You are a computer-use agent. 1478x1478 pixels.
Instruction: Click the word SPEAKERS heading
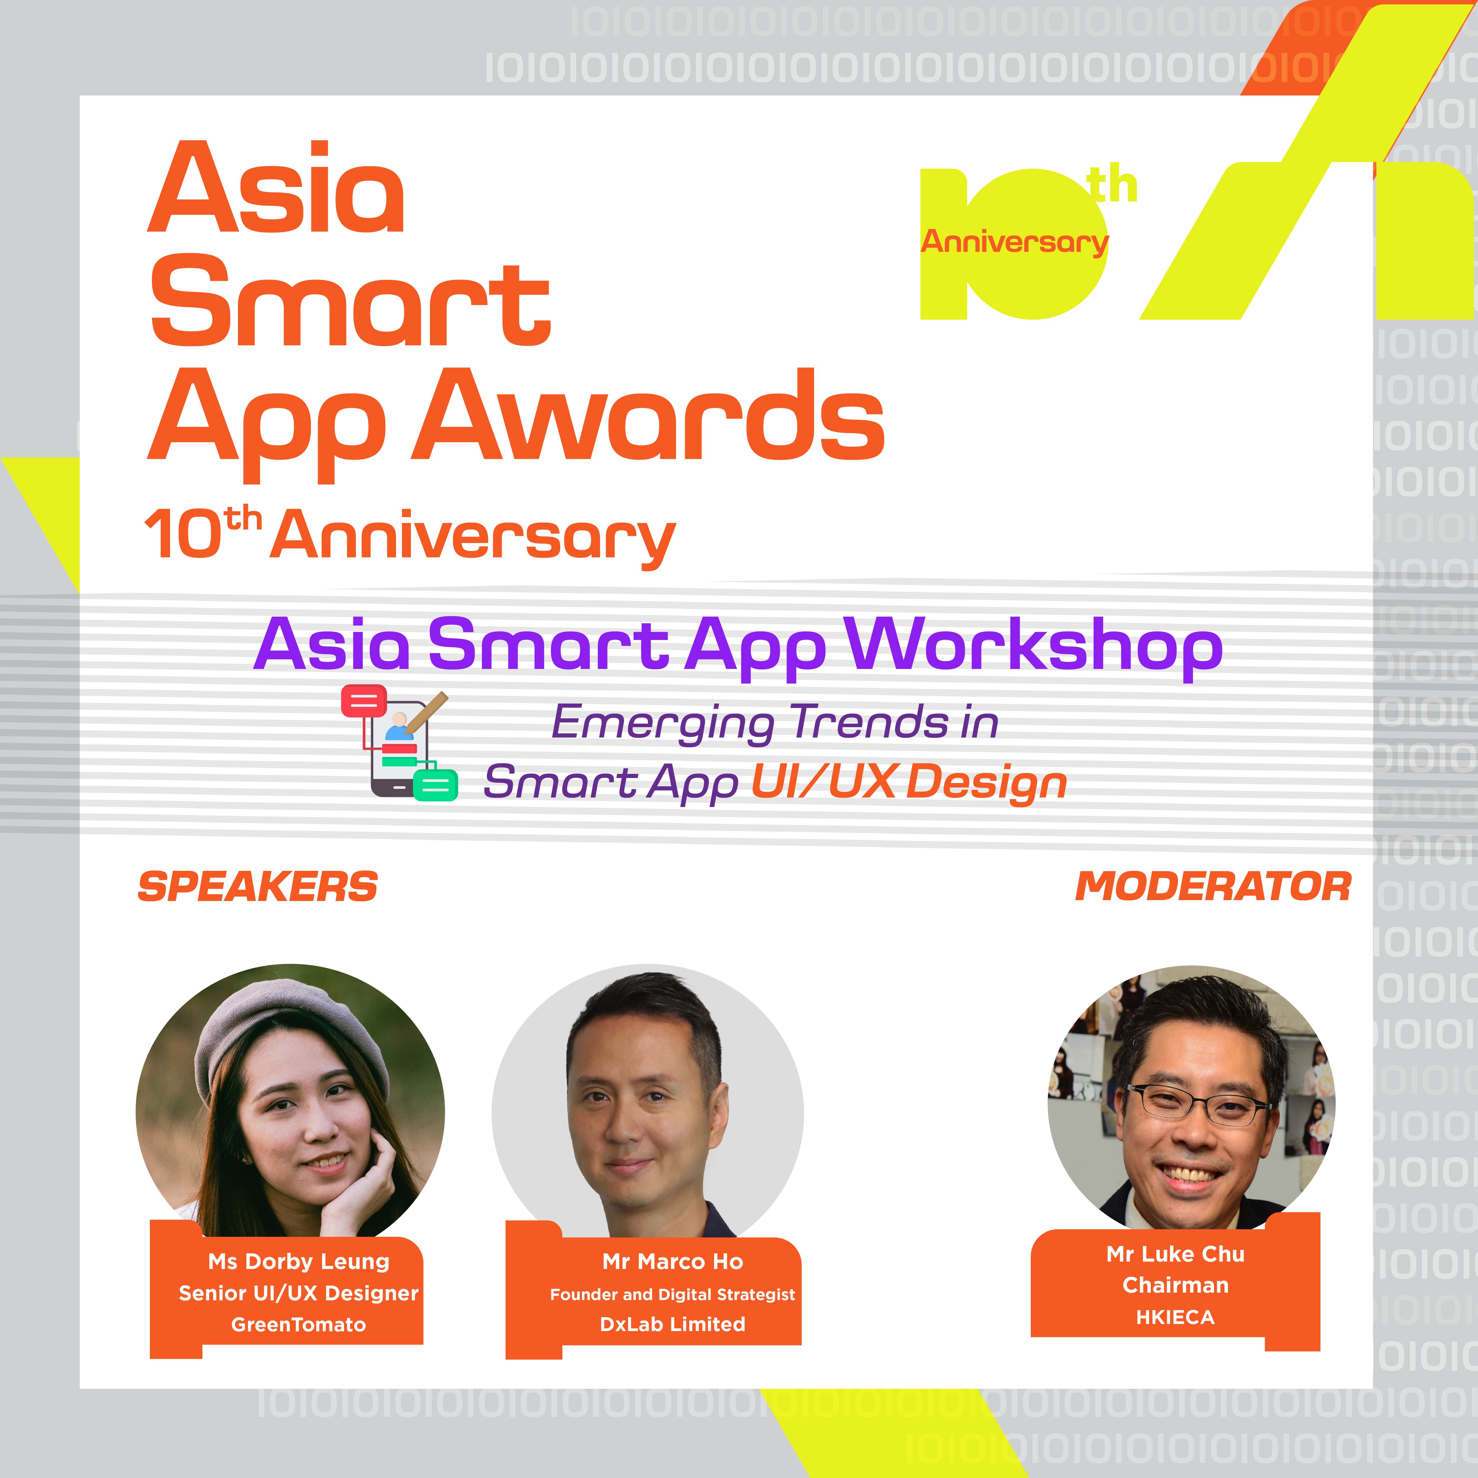pyautogui.click(x=258, y=887)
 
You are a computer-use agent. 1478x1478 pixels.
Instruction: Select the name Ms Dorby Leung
pyautogui.click(x=298, y=1262)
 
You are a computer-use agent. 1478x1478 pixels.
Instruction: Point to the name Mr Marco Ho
pyautogui.click(x=672, y=1262)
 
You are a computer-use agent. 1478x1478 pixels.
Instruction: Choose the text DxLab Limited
pyautogui.click(x=672, y=1324)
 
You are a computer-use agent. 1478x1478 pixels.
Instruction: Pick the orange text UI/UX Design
pyautogui.click(x=909, y=782)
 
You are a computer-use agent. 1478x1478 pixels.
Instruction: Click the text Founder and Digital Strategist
pyautogui.click(x=672, y=1294)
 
